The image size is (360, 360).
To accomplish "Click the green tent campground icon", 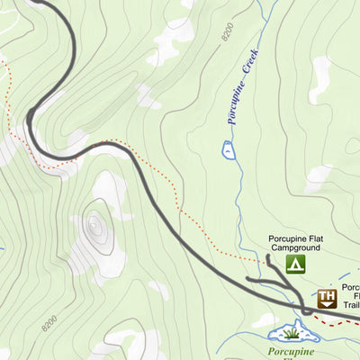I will (295, 264).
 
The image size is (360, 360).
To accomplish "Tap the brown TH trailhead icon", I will (327, 298).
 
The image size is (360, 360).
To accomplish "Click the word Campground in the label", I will (295, 247).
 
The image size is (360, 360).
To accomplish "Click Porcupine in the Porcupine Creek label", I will (236, 105).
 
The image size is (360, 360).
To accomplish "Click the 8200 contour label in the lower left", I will (50, 319).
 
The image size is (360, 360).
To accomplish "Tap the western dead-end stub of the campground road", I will (248, 282).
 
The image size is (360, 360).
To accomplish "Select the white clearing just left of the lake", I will (265, 320).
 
